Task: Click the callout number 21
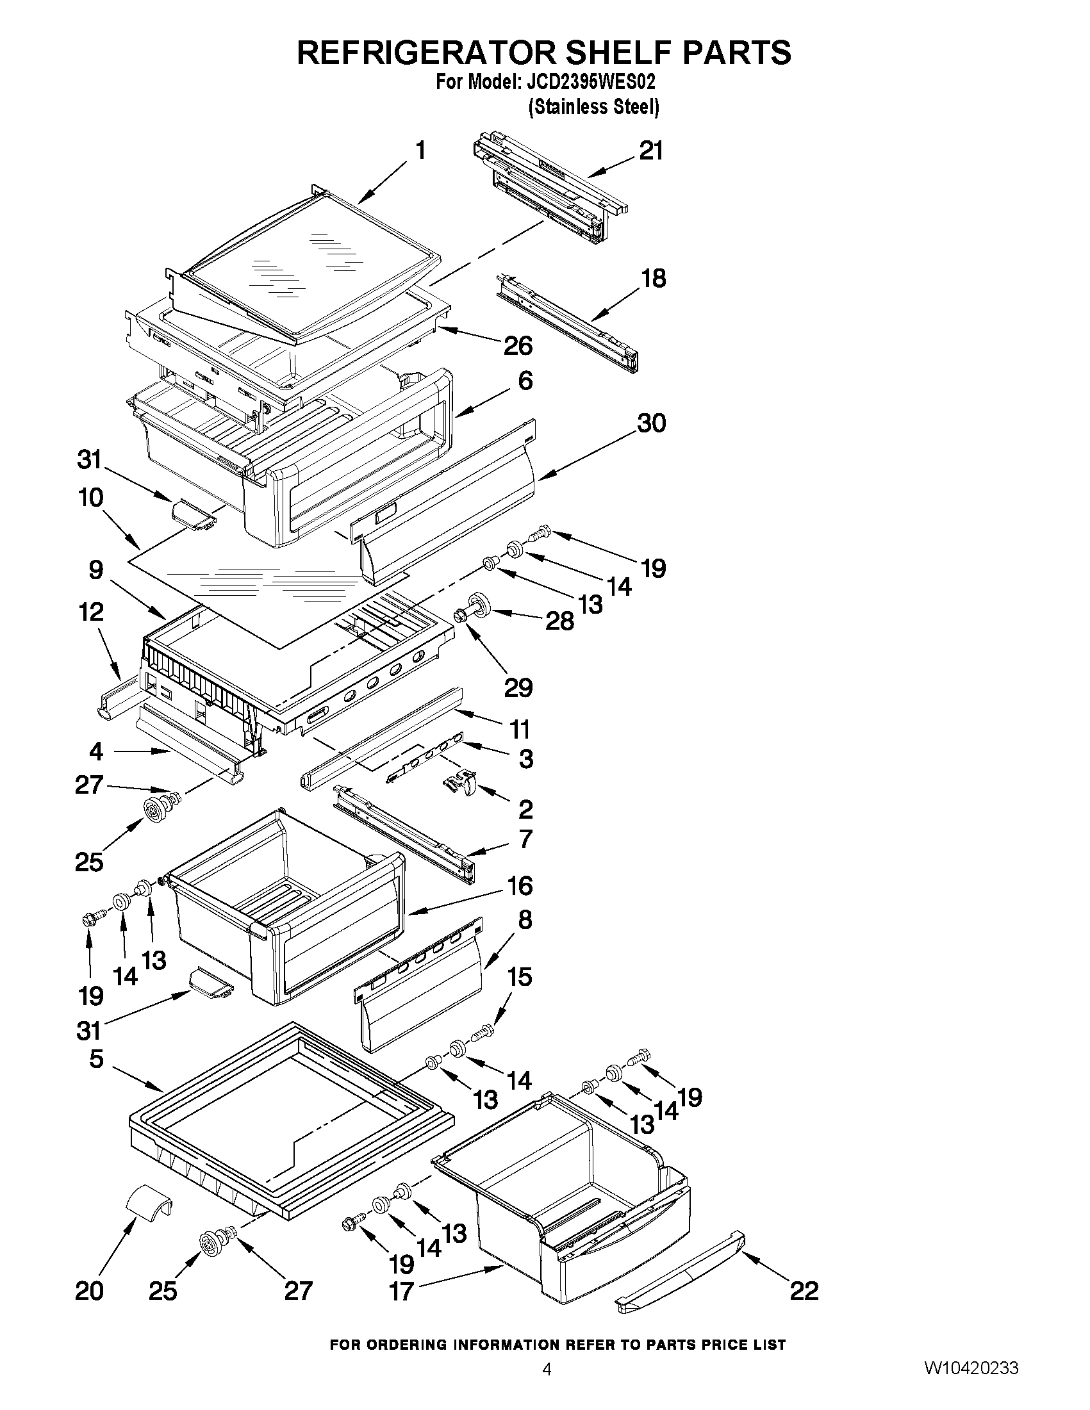pyautogui.click(x=651, y=151)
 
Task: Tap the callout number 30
pyautogui.click(x=651, y=423)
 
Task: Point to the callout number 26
pyautogui.click(x=518, y=346)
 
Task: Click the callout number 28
pyautogui.click(x=559, y=621)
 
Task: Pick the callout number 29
pyautogui.click(x=518, y=688)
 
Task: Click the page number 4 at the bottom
pyautogui.click(x=547, y=1387)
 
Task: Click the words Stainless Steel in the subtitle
pyautogui.click(x=593, y=106)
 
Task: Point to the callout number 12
pyautogui.click(x=91, y=612)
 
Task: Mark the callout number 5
pyautogui.click(x=96, y=1060)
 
